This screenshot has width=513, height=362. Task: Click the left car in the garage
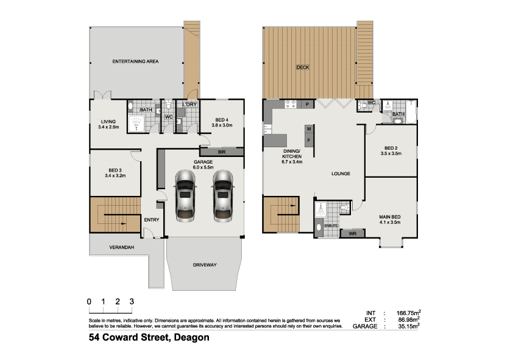coord(185,196)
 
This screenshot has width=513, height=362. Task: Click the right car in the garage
coord(223,196)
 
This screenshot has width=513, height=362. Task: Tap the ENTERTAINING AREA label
coord(135,61)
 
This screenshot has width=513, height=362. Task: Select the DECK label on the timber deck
coord(303,68)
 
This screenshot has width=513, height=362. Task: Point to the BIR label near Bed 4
coord(222,152)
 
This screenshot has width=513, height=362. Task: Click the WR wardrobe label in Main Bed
coord(352,234)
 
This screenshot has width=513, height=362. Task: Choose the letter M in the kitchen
coord(309,129)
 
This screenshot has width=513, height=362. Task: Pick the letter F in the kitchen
coord(309,141)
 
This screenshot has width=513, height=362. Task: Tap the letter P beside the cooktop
coord(307,105)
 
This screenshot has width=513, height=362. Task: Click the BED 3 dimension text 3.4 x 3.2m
coord(115,176)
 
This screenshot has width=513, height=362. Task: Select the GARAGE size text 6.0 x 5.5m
coord(203,167)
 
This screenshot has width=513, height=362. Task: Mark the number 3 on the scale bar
coord(132,302)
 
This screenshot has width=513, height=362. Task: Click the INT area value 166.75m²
coord(409,313)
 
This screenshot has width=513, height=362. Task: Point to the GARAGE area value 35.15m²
coord(409,325)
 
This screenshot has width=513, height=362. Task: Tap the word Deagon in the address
coord(191,337)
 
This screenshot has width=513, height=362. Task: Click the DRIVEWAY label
coord(205,265)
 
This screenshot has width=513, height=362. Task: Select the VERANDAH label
coord(122,248)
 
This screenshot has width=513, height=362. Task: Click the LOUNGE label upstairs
coord(341,174)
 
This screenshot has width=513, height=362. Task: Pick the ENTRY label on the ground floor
coord(152,220)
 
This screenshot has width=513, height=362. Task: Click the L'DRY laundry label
coord(189,104)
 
